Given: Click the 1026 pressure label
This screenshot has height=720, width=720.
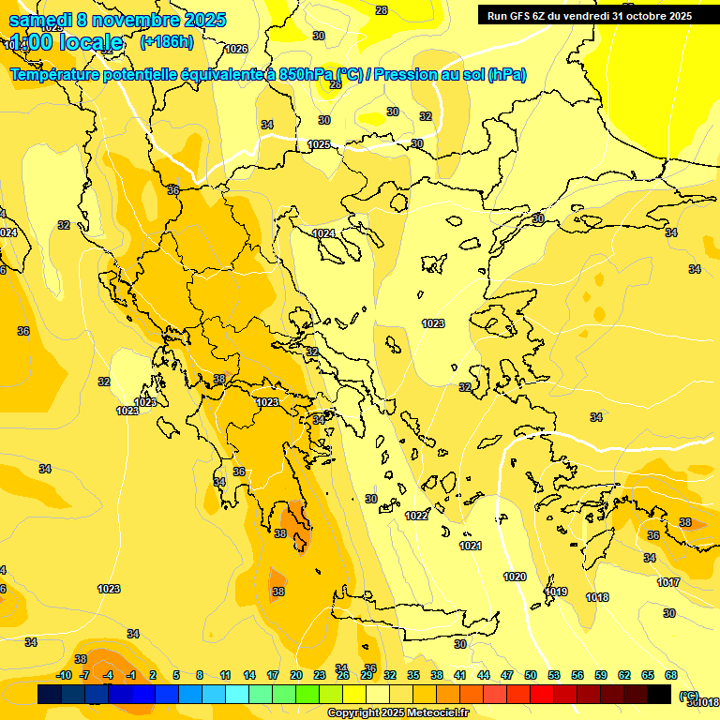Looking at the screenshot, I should tap(236, 49).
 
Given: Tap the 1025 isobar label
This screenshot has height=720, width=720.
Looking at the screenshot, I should tap(319, 144).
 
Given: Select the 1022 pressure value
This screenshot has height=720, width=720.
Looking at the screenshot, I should tap(417, 516).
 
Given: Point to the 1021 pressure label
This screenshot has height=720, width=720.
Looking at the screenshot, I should tap(471, 546).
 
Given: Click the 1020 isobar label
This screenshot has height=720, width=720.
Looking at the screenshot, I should tap(515, 577).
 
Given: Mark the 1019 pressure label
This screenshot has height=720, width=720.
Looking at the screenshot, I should tap(556, 592).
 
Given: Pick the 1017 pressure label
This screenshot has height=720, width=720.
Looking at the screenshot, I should tap(668, 582).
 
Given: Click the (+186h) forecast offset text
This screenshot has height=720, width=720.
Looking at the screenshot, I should tap(166, 42).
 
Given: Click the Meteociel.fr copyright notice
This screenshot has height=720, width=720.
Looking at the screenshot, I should tap(397, 712).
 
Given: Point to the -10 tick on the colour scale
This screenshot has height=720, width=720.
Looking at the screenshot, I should tap(65, 675).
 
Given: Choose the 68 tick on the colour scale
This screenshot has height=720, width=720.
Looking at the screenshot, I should tap(671, 675).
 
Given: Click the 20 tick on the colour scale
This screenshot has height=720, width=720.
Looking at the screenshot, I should tap(295, 675).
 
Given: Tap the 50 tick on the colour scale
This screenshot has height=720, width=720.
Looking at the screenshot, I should tap(531, 675).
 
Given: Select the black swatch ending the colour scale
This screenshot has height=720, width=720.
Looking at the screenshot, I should tap(659, 694).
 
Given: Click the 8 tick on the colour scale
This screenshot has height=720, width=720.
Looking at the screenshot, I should tap(200, 675).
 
